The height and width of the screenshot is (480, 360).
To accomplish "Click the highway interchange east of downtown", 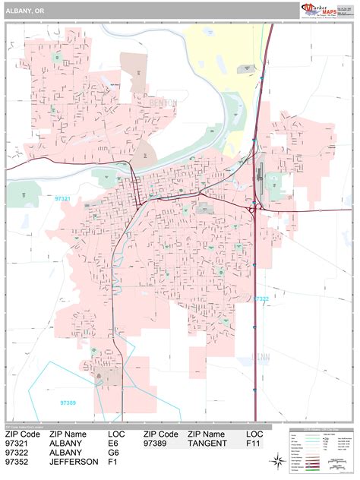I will [255, 207].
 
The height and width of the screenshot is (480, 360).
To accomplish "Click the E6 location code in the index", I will [114, 444].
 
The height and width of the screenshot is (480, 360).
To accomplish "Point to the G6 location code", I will [114, 453].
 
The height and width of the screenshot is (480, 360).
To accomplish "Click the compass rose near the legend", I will [278, 459].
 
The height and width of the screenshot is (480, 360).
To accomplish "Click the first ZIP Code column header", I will [21, 434].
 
